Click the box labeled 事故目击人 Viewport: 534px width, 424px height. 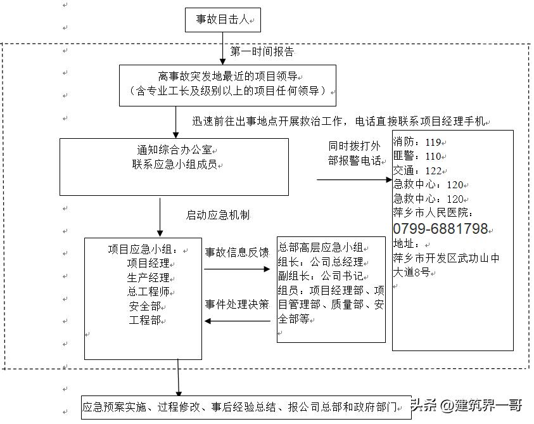[x=222, y=20]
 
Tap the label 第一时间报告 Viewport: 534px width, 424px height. [x=262, y=51]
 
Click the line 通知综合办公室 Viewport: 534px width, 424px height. [x=174, y=150]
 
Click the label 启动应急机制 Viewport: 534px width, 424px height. [x=217, y=215]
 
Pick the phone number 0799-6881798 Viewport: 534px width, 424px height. [x=441, y=229]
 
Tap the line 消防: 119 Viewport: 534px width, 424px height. [x=418, y=142]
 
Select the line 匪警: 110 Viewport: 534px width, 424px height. [x=418, y=156]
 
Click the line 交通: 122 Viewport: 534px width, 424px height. [x=418, y=170]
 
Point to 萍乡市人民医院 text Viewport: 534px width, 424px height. [x=433, y=213]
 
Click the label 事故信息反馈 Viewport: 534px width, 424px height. [x=236, y=252]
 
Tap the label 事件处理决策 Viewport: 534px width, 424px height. [x=236, y=304]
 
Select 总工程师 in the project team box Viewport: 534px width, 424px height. [x=148, y=292]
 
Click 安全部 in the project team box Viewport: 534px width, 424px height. [x=145, y=306]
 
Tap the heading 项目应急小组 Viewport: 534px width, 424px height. [x=146, y=249]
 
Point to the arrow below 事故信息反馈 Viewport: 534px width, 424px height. [x=236, y=269]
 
